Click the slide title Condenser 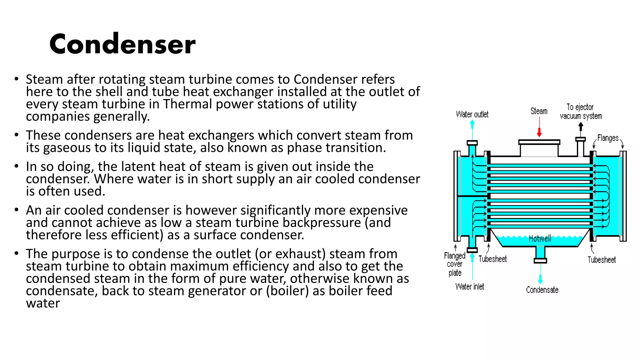122,44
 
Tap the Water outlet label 472,114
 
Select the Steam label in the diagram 539,111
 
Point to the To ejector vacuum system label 581,112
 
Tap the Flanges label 607,138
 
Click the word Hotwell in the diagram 540,239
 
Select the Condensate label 542,290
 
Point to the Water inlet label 469,287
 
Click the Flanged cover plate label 455,264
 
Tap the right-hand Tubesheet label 602,260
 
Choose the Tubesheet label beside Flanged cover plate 492,259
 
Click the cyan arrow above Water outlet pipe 472,124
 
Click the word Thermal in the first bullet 187,104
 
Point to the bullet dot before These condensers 17,135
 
